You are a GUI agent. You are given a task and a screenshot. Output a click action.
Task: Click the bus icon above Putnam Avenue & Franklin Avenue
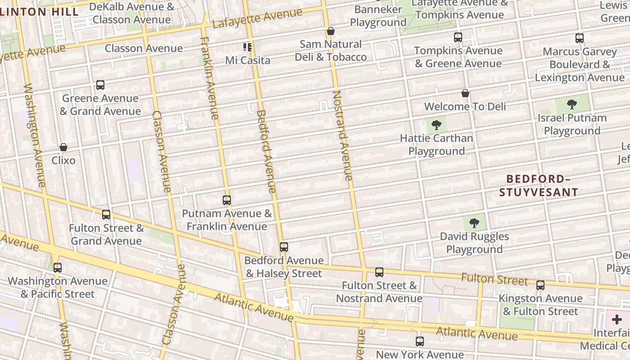pos(227,200)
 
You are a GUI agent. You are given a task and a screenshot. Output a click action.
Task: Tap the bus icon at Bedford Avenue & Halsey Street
pos(283,247)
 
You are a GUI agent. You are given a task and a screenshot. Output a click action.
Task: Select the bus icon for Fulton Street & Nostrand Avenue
pos(379,272)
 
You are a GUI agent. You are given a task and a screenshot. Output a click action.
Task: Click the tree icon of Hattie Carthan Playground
pos(436,125)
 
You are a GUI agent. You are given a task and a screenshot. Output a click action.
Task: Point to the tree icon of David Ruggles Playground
pos(474,223)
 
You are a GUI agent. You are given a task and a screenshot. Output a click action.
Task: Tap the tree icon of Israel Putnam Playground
pos(572,105)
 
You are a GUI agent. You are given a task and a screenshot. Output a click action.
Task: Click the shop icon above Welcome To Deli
pos(465,93)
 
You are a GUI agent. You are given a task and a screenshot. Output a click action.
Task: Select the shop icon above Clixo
pos(63,147)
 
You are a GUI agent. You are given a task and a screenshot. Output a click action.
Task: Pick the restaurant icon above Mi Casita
pos(247,47)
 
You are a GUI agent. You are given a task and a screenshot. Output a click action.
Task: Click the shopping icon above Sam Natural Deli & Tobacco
pos(331,31)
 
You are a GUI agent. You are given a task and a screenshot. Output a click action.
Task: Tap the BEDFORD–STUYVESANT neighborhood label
pos(539,185)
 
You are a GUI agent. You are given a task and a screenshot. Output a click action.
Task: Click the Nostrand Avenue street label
pos(342,135)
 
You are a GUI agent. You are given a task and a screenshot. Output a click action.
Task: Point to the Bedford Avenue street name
pos(265,151)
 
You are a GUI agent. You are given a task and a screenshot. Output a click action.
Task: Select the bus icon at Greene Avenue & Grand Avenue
pos(100,85)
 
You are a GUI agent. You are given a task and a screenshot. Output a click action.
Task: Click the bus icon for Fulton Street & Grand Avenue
pos(106,215)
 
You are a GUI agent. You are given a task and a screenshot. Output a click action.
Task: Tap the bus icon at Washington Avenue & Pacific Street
pos(58,268)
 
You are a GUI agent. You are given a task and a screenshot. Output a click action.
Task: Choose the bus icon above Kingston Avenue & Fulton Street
pos(540,285)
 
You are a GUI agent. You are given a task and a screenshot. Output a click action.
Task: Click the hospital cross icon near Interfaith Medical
pos(616,320)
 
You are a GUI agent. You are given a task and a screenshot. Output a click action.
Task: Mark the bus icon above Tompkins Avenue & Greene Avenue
pos(458,37)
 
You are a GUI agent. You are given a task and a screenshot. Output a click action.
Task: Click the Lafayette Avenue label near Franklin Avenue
pos(257,18)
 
